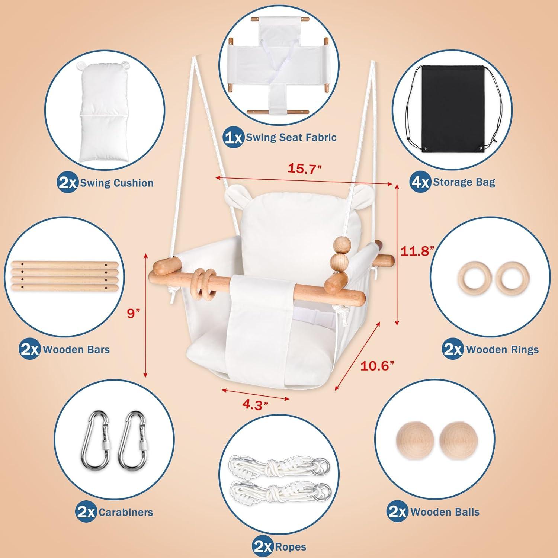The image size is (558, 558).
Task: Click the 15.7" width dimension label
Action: click(x=304, y=169)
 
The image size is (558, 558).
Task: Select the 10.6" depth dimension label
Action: click(x=377, y=366)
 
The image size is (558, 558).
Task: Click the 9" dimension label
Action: click(x=133, y=313)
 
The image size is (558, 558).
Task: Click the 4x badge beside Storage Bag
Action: click(x=421, y=182)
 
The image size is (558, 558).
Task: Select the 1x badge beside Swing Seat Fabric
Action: click(x=234, y=138)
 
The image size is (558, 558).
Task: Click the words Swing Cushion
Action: click(x=117, y=183)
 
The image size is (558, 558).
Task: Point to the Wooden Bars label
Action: click(x=76, y=350)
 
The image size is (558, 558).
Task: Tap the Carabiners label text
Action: click(x=126, y=512)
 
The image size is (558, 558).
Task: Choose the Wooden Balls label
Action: click(x=445, y=512)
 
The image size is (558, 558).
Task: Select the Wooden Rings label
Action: click(x=502, y=350)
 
